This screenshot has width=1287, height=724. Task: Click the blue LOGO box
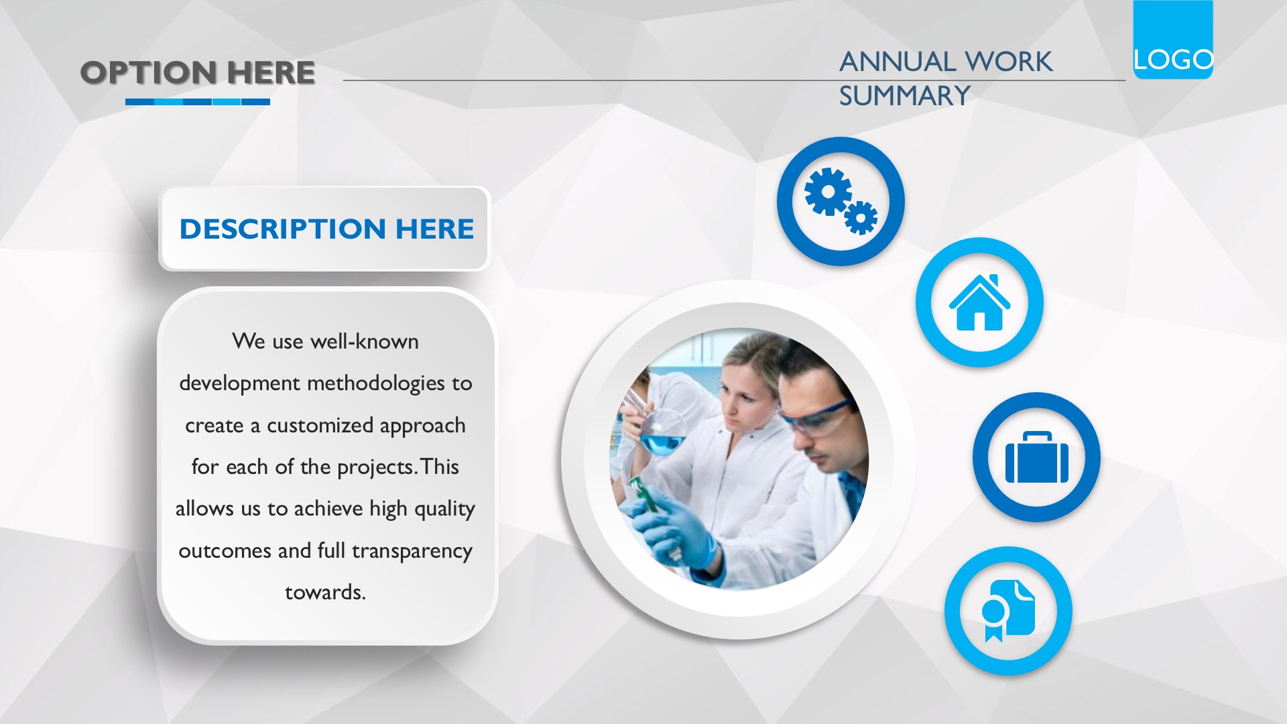1173,40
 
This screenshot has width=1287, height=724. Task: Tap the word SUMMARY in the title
904,96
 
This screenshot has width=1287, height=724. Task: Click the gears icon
841,201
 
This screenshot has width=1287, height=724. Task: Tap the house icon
979,302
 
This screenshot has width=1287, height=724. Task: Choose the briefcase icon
1036,457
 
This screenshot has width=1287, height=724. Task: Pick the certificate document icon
1008,611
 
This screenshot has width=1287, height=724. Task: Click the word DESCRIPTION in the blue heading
283,229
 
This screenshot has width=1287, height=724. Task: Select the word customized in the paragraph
320,425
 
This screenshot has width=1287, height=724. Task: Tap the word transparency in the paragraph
412,551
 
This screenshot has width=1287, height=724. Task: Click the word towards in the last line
323,592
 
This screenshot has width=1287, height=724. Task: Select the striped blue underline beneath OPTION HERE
198,102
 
